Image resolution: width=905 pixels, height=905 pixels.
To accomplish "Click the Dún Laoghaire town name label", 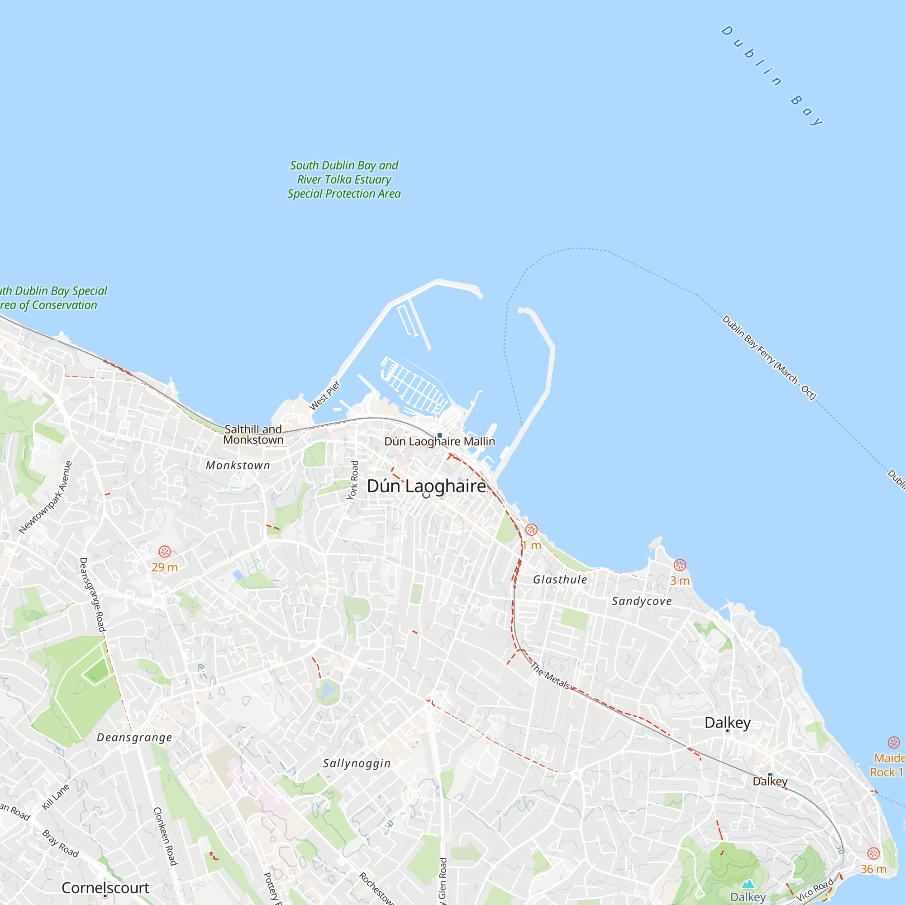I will (x=426, y=486).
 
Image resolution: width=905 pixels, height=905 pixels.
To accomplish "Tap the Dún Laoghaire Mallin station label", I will (x=439, y=441).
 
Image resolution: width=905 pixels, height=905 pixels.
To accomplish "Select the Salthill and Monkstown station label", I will (x=253, y=434).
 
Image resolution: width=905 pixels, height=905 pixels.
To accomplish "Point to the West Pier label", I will (x=325, y=395).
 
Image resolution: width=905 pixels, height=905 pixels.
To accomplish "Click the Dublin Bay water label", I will (x=772, y=76).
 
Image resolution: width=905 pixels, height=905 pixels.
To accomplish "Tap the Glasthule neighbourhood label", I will (x=560, y=580).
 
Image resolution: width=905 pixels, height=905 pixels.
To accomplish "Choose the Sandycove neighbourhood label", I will (x=642, y=601).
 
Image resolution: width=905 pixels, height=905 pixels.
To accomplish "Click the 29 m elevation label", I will (x=164, y=567).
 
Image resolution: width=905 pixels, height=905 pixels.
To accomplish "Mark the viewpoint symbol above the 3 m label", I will (x=680, y=565).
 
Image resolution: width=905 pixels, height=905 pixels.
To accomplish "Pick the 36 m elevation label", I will (x=873, y=869).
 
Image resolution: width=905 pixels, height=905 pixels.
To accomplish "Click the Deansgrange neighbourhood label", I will (x=134, y=737).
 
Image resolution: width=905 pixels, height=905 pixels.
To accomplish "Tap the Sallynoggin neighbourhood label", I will (x=357, y=763).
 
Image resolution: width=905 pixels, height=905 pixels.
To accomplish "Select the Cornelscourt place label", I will (x=105, y=888).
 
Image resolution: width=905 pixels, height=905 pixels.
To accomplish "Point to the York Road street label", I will (x=353, y=480).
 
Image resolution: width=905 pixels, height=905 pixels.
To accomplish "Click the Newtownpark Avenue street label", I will (x=46, y=497).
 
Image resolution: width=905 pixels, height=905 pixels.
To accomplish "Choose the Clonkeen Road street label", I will (x=165, y=836).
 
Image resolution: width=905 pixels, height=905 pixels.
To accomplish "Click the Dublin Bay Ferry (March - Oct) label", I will (x=769, y=358).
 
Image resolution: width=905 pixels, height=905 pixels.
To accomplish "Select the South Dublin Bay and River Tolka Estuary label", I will (x=344, y=179).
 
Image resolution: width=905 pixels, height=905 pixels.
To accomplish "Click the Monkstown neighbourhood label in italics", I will (x=238, y=465).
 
